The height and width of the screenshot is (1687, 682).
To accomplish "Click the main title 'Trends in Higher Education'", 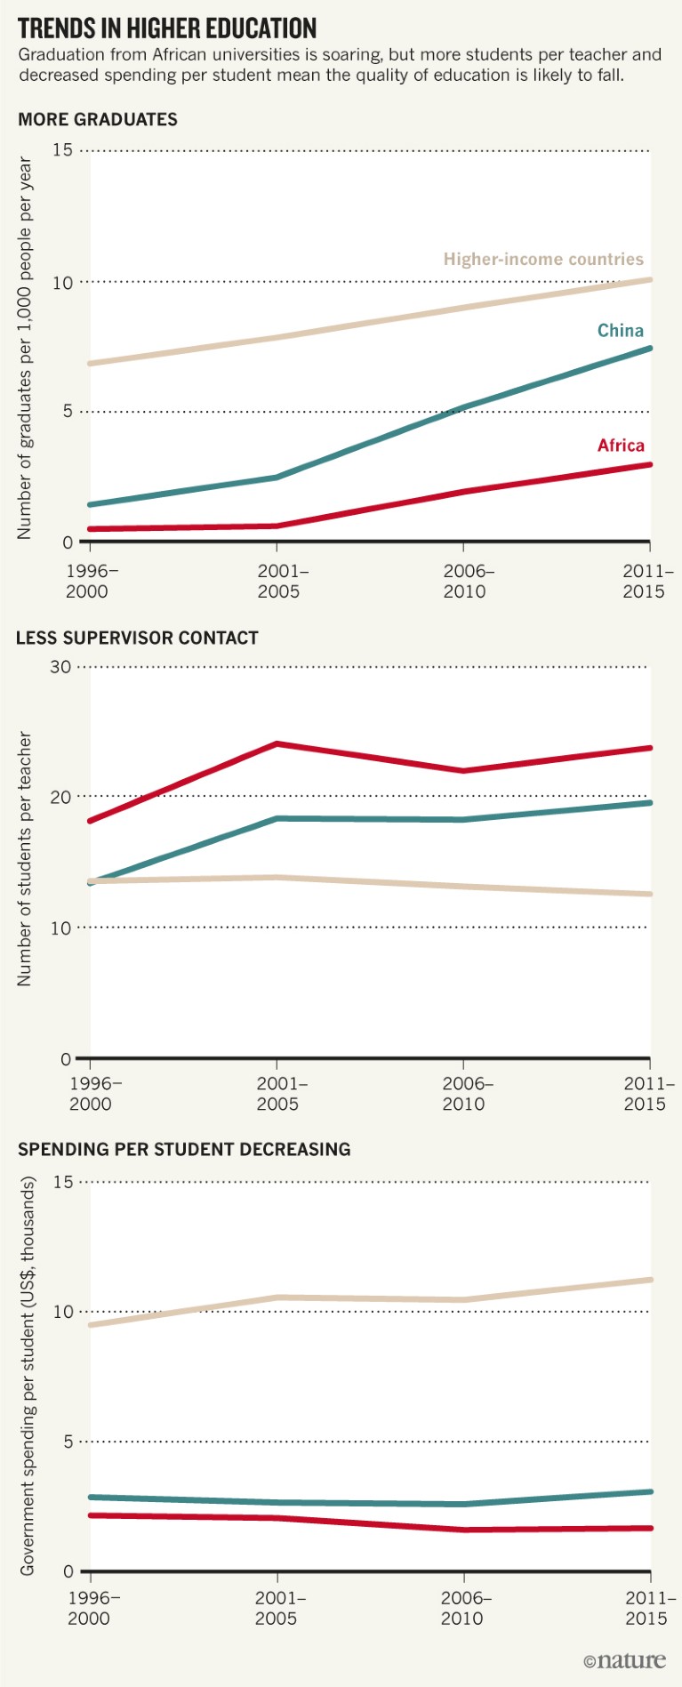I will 167,28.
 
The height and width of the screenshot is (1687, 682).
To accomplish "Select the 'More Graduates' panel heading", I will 98,120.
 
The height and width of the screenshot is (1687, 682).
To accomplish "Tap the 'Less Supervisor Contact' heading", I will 137,639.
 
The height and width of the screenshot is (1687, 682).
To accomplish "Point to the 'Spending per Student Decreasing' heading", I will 184,1150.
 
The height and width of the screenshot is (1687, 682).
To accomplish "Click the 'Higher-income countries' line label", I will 543,260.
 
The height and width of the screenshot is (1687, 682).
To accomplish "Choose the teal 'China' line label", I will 620,331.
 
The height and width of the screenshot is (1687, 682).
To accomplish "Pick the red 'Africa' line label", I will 621,446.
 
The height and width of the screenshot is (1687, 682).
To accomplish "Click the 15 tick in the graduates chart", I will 62,150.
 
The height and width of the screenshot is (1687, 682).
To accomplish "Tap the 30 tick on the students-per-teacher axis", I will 60,667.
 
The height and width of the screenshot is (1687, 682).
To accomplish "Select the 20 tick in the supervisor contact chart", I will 60,797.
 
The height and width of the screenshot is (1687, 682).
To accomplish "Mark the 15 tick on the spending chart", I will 62,1182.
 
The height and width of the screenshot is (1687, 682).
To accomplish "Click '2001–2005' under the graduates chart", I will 282,582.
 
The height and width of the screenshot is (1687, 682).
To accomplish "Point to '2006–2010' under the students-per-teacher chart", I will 467,1094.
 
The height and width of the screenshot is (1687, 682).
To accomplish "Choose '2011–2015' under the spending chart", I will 649,1608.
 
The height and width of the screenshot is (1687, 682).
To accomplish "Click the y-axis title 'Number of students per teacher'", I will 25,859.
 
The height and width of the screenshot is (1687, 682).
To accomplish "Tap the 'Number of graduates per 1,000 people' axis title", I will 25,349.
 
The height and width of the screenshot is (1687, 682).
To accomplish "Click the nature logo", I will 624,1660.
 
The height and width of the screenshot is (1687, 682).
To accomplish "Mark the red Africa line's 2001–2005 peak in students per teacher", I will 277,743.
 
